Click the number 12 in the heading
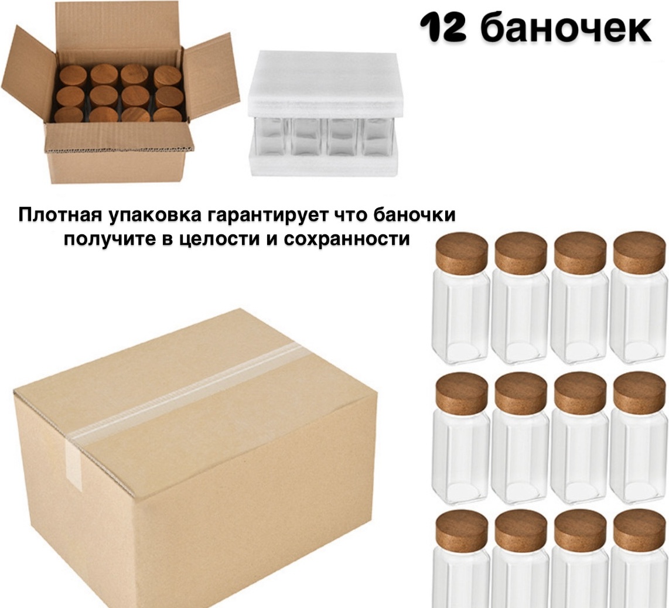point(442,28)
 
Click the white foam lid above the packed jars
point(326,86)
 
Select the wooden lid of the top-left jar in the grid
point(461,252)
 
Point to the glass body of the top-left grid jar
point(461,318)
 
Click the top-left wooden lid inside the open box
point(73,76)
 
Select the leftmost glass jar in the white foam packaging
point(272,136)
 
